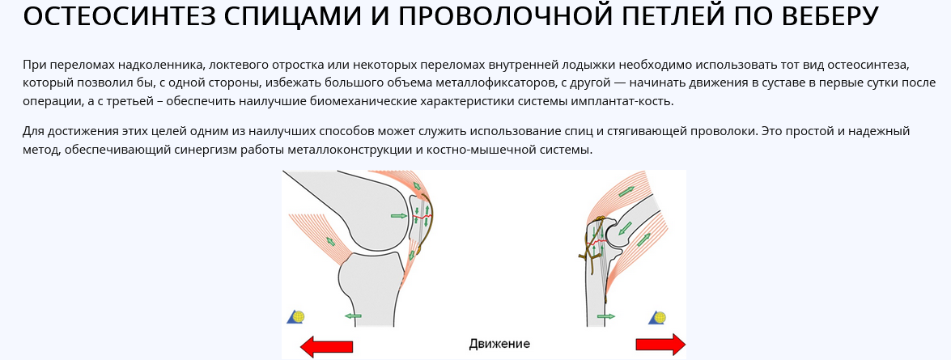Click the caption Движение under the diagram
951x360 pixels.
[x=499, y=345]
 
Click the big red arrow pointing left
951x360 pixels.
[x=326, y=345]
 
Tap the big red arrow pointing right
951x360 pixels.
[x=660, y=345]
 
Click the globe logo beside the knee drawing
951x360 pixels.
[x=295, y=317]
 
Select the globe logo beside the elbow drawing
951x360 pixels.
[x=657, y=318]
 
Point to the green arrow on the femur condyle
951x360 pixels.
[x=398, y=216]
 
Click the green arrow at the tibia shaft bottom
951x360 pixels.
[x=353, y=316]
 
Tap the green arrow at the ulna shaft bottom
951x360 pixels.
[x=606, y=316]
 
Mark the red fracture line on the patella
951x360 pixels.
[x=422, y=216]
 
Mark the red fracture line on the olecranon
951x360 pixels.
[x=597, y=242]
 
